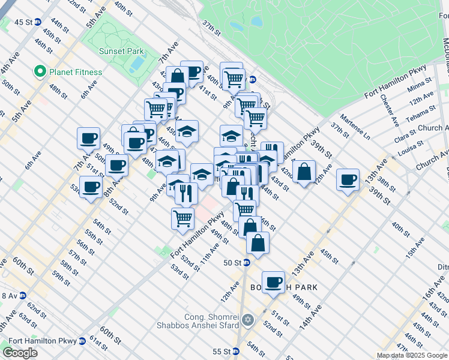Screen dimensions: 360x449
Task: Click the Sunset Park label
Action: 121,52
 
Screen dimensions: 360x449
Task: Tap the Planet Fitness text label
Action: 76,72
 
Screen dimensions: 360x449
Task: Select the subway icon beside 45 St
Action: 38,22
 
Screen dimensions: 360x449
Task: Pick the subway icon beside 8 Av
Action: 22,295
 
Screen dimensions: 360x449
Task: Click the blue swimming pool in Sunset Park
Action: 137,62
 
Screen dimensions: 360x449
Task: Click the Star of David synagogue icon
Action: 247,319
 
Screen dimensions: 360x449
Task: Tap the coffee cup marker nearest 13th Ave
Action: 348,180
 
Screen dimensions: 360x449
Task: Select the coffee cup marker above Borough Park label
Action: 274,281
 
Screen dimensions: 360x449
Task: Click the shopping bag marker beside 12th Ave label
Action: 305,172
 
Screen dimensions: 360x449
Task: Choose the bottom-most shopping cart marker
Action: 182,218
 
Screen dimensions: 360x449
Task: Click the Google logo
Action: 20,353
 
